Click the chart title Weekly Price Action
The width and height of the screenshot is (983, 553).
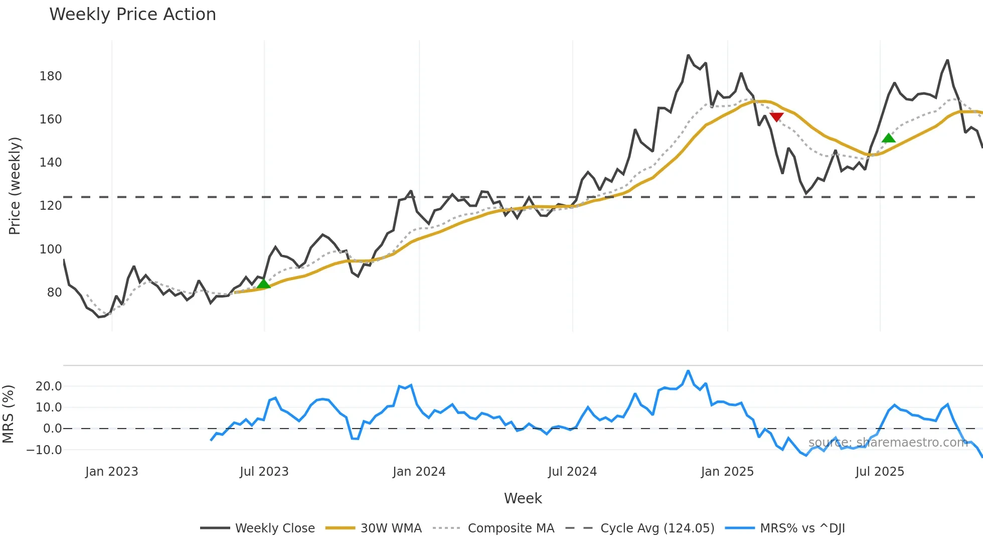(x=132, y=15)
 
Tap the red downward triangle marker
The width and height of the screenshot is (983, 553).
(x=776, y=117)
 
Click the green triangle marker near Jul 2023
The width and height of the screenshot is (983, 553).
(x=263, y=284)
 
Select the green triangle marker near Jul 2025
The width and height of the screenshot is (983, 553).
(x=888, y=138)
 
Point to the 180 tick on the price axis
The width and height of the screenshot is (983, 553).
(x=51, y=76)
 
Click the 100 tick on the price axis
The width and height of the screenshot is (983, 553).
(x=51, y=249)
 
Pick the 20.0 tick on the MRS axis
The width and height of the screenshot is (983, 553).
(x=49, y=386)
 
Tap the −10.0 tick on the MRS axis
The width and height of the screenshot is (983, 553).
(x=44, y=450)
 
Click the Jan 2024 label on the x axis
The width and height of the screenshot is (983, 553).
(x=419, y=472)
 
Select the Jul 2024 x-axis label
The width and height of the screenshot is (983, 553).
(x=572, y=472)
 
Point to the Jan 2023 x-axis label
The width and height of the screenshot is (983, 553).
(x=111, y=472)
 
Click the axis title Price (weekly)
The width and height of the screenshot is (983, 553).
(x=15, y=186)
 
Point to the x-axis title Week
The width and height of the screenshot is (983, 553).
(x=523, y=498)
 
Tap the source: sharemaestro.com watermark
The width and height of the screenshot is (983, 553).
(x=888, y=443)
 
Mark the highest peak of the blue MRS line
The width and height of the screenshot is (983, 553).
(x=688, y=371)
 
